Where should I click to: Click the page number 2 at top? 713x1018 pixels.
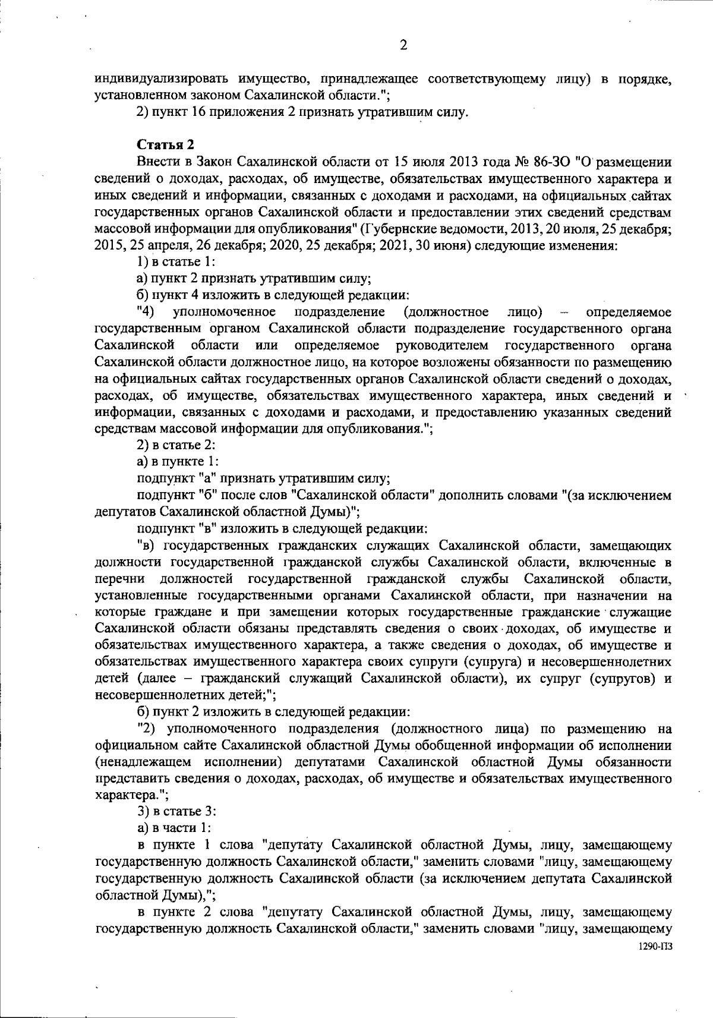(403, 45)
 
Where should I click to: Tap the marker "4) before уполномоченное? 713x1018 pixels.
(145, 311)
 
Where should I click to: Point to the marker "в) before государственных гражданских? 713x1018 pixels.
(147, 545)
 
